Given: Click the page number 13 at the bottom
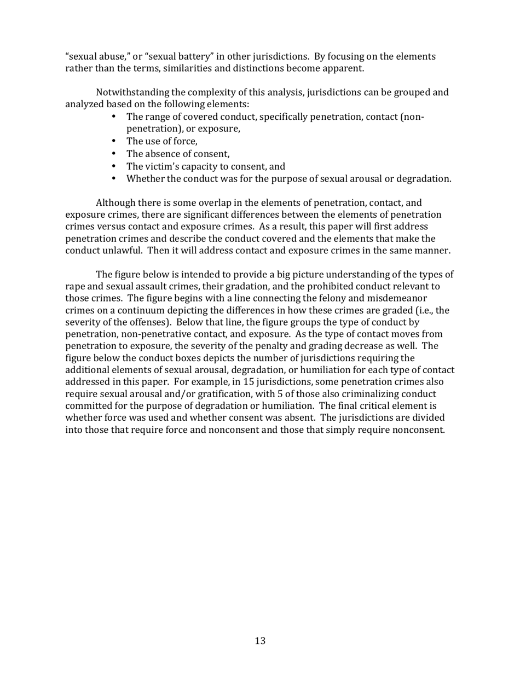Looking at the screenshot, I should pyautogui.click(x=260, y=641).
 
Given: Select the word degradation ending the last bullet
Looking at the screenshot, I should pyautogui.click(x=425, y=178).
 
